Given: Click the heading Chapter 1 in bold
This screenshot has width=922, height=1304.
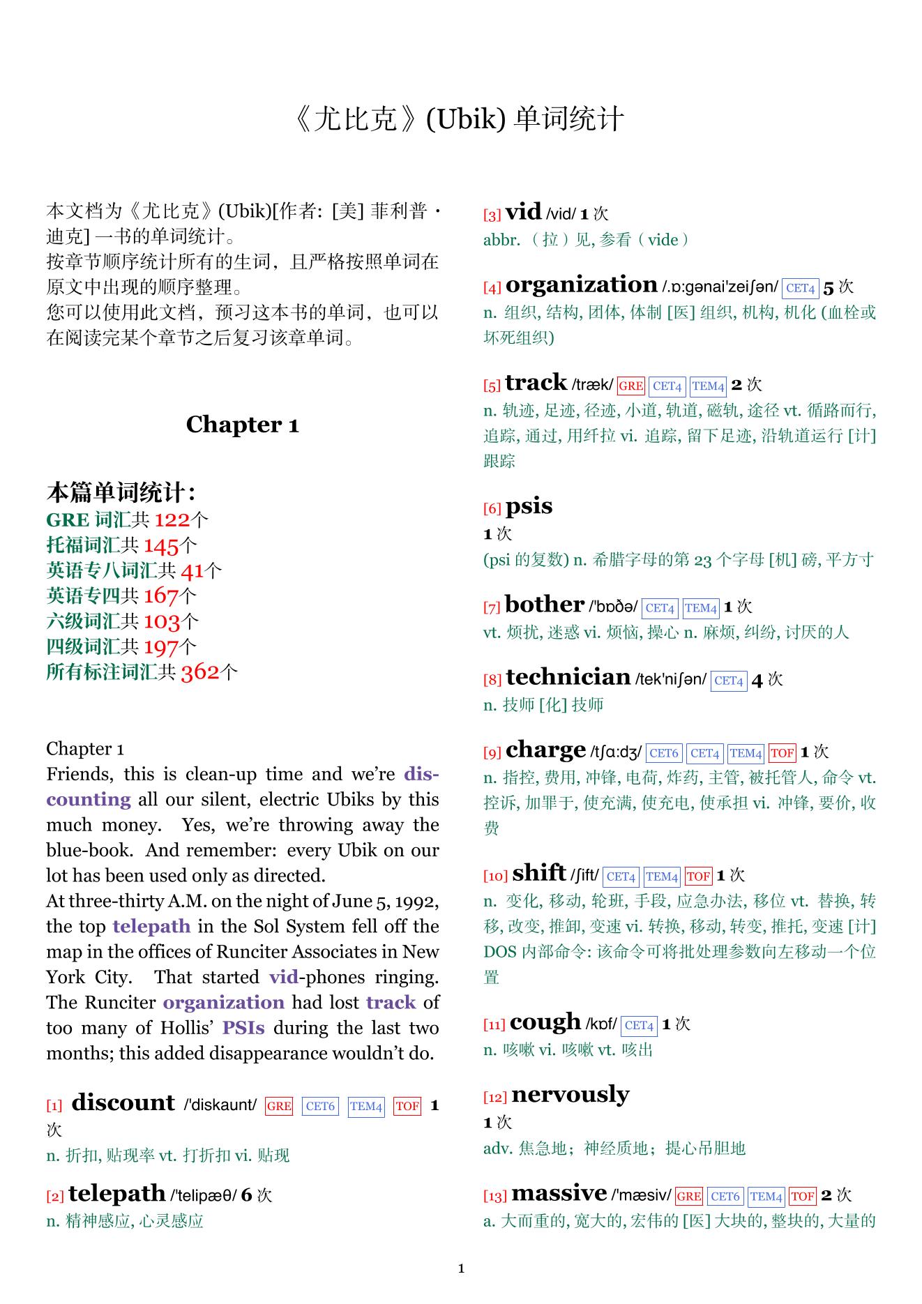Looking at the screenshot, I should pos(242,424).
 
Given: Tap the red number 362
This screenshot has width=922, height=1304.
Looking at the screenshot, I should pos(199,672).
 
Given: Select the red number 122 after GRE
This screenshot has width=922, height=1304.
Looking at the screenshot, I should pos(172,520).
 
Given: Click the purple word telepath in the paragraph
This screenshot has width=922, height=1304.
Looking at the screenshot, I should pos(151,926).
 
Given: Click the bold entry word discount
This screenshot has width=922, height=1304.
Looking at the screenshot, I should pos(123,1102).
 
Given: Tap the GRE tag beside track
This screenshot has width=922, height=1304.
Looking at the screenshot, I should pos(630,386).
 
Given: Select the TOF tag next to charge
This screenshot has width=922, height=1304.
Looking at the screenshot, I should pos(781,753).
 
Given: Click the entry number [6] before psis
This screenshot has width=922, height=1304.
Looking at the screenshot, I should pos(492,509).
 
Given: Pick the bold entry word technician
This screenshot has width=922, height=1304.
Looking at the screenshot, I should pos(568,677).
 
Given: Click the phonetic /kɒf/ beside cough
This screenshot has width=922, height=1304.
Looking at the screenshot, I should pos(601,1024).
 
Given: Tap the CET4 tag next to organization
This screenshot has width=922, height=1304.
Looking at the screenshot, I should pos(799,288).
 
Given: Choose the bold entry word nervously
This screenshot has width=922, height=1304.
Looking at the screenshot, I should pos(570,1095).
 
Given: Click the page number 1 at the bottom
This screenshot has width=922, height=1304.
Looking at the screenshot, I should pos(461,1268).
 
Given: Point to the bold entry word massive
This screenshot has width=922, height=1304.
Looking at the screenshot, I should pos(559,1193).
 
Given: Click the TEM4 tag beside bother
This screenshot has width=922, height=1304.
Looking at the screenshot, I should pos(700,608).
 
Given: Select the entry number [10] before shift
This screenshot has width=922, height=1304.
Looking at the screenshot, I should pos(495,877).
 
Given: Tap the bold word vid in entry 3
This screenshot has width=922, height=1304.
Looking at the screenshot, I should pos(523,211).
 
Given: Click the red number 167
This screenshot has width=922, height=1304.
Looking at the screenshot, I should pos(160,596).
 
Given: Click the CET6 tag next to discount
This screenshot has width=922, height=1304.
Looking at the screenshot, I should pos(320,1106).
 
